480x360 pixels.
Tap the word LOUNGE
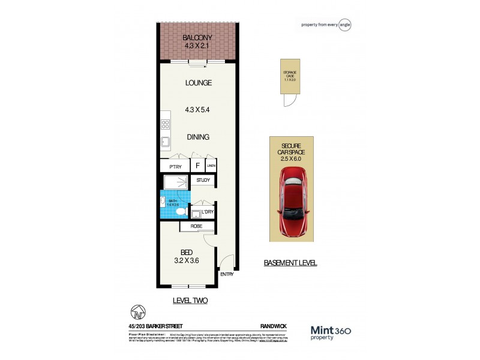pyautogui.click(x=198, y=83)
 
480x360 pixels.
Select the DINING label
pyautogui.click(x=197, y=137)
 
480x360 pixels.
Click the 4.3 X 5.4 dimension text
pyautogui.click(x=198, y=110)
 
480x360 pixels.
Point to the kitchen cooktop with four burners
pyautogui.click(x=164, y=125)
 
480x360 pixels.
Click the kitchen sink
pyautogui.click(x=164, y=143)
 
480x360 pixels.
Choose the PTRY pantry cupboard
pyautogui.click(x=175, y=166)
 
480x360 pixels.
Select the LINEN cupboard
pyautogui.click(x=211, y=166)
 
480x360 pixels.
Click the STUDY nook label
pyautogui.click(x=203, y=180)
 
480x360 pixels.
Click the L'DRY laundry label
pyautogui.click(x=202, y=212)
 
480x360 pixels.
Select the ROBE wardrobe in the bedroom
pyautogui.click(x=197, y=226)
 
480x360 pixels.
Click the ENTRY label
pyautogui.click(x=227, y=274)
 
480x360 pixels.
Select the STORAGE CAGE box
pyautogui.click(x=290, y=77)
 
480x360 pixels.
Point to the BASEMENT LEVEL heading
pyautogui.click(x=290, y=263)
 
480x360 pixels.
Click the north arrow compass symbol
pyautogui.click(x=137, y=313)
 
